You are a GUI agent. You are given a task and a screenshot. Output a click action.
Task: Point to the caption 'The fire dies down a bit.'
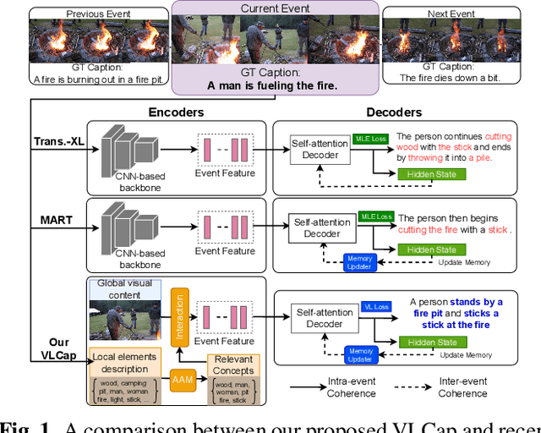(x=449, y=79)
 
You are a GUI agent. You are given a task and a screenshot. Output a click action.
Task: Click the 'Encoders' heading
(x=177, y=111)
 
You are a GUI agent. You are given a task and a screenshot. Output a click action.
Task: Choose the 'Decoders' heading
(x=394, y=111)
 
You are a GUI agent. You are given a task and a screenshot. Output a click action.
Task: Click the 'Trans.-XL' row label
(x=58, y=141)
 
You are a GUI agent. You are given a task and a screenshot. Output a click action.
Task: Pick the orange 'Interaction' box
(x=178, y=317)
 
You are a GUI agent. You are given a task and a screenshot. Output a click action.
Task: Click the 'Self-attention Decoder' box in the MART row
(x=321, y=227)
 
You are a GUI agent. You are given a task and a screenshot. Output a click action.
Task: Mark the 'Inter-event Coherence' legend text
(x=462, y=387)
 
